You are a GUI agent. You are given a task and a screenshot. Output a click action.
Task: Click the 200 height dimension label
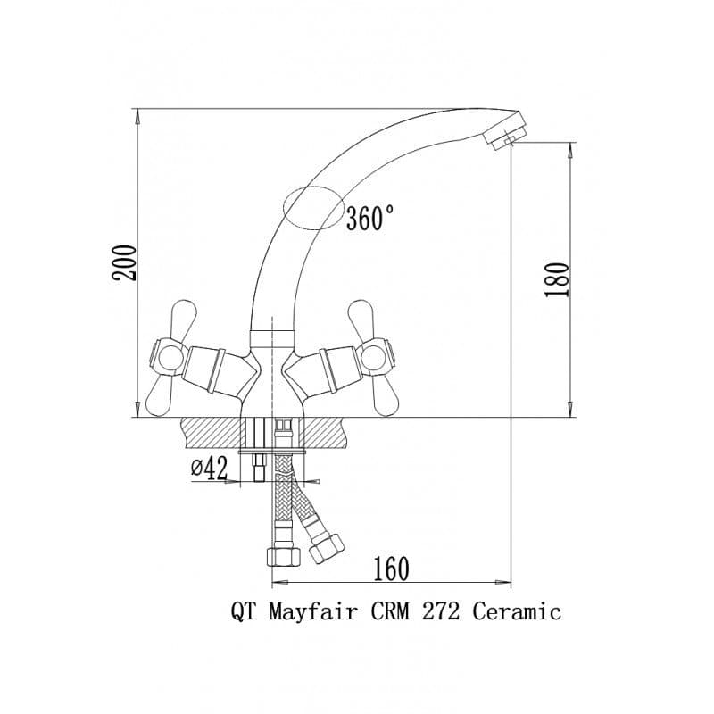125,263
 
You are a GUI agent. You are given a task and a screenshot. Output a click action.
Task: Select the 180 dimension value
557,280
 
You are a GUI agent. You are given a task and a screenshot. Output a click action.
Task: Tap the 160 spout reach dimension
391,569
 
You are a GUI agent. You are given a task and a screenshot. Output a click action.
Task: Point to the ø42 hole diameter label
210,469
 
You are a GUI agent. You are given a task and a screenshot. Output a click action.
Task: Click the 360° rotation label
370,218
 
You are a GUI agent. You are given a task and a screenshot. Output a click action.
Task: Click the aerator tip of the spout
505,129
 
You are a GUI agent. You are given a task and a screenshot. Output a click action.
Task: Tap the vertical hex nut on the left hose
283,557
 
